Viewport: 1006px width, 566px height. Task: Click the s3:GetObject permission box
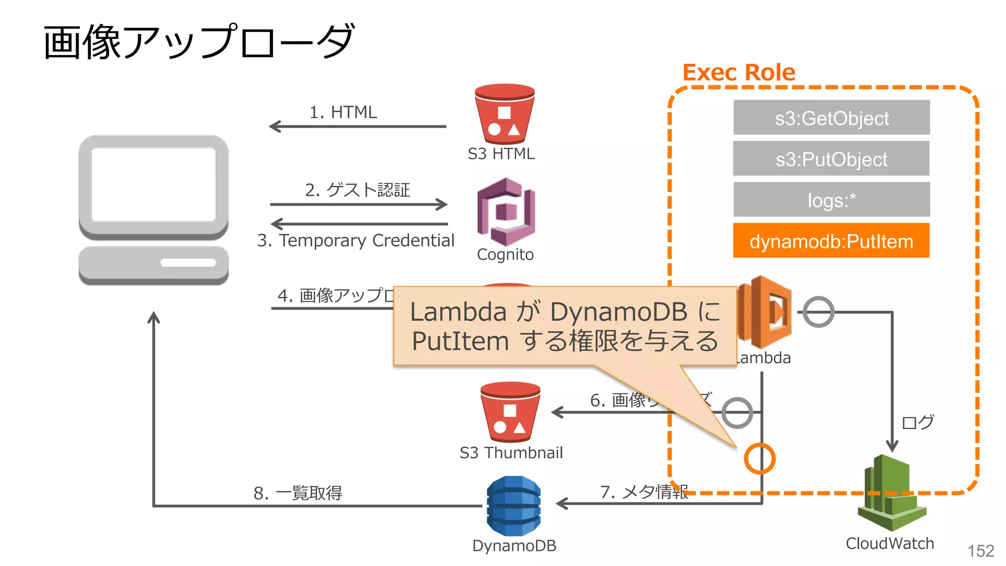click(831, 118)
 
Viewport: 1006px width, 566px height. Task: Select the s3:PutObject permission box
click(831, 159)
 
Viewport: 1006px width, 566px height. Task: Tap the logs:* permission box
click(831, 200)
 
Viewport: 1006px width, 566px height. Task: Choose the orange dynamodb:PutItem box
click(831, 241)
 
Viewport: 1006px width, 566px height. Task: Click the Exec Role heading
click(738, 73)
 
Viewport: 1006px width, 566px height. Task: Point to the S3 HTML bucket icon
click(504, 114)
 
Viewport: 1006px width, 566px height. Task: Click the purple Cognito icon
click(506, 212)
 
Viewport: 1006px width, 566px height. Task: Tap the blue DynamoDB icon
click(514, 506)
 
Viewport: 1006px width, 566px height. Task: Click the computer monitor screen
click(154, 184)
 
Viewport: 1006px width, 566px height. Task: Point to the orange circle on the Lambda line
click(759, 458)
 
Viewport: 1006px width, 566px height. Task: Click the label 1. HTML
click(343, 113)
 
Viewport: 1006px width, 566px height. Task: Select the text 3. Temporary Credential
click(356, 241)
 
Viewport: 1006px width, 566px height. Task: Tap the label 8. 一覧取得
click(298, 493)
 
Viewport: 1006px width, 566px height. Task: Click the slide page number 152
click(980, 551)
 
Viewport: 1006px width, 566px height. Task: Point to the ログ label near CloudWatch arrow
click(917, 422)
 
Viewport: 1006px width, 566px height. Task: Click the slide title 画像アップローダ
click(199, 42)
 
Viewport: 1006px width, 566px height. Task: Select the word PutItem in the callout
click(460, 341)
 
